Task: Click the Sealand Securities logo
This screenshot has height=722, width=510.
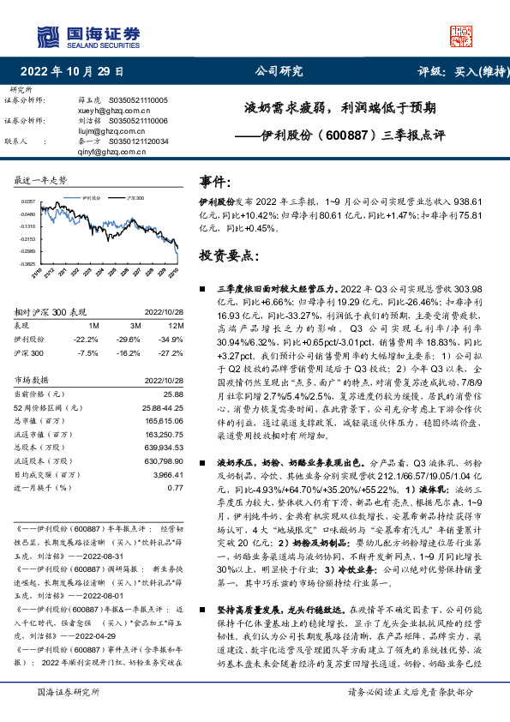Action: [89, 36]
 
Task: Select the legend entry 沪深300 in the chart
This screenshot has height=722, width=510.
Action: [134, 196]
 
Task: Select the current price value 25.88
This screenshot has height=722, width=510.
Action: [174, 393]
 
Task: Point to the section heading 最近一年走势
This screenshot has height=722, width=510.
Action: [40, 180]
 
